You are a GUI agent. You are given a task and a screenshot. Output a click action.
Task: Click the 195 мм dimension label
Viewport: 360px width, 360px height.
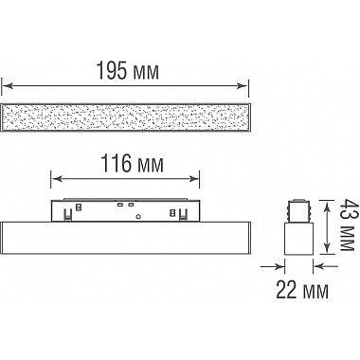127,71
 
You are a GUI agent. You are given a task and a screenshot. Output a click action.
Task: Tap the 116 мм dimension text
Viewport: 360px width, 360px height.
132,164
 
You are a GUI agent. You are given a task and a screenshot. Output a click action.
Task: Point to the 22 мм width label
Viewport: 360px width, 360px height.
302,290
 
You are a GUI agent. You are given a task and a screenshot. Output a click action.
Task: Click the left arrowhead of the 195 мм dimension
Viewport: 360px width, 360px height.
7,85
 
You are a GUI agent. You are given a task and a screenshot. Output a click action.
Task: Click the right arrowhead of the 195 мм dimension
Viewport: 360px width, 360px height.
243,85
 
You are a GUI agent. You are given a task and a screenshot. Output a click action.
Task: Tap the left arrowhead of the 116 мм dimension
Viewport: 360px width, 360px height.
56,179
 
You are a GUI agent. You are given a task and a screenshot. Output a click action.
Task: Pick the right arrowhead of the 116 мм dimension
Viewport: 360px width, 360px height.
194,179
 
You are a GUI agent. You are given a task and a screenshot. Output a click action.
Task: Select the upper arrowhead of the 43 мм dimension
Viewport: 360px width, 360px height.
328,205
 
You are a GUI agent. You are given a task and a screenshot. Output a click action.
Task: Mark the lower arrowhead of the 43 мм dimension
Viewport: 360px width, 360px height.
328,248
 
